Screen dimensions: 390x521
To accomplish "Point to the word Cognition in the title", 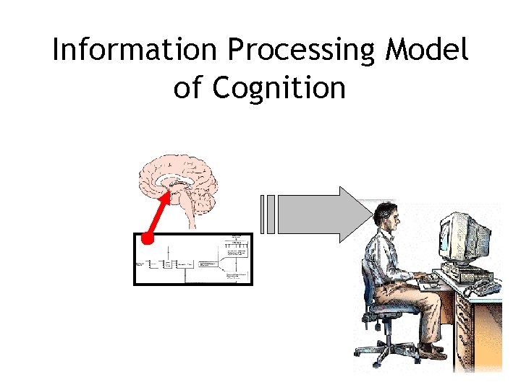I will click(x=279, y=88).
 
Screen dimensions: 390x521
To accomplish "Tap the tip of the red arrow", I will click(x=171, y=188).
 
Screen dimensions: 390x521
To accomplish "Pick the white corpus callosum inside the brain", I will click(x=177, y=180).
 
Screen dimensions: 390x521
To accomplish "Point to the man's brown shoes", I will click(x=433, y=352).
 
